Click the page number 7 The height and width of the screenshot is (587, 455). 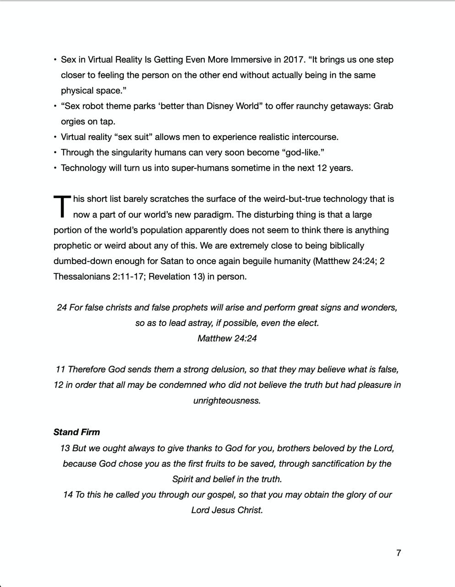tap(399, 553)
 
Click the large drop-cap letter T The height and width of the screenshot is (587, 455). tap(62, 207)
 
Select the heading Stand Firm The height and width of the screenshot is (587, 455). tap(77, 432)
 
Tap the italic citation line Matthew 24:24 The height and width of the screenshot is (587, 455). tap(227, 338)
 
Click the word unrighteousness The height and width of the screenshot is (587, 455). tap(227, 400)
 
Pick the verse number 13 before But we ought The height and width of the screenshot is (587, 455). tap(65, 448)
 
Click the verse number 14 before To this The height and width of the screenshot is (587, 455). tap(68, 494)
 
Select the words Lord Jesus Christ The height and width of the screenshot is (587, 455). tap(227, 510)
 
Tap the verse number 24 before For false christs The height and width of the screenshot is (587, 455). tap(62, 307)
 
